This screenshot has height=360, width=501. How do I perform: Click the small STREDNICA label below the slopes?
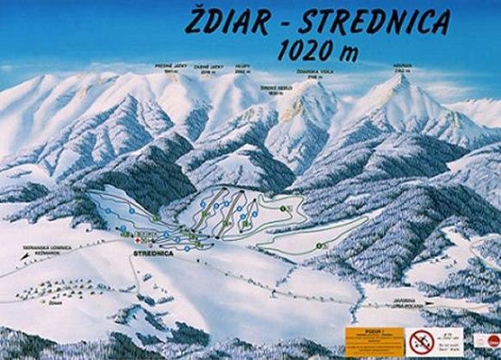pyautogui.click(x=154, y=254)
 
